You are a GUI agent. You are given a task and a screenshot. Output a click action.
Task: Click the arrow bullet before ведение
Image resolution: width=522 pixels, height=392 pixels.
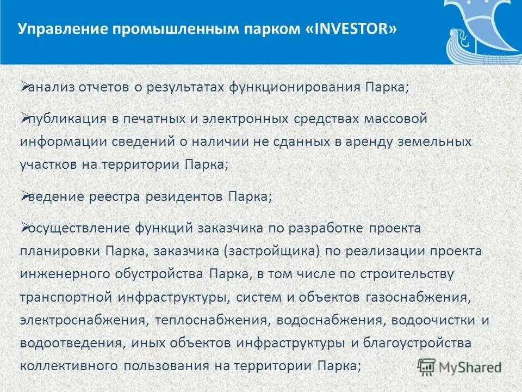pyautogui.click(x=24, y=194)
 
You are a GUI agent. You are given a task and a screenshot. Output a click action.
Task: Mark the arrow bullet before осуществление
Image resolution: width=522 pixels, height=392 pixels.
pyautogui.click(x=24, y=225)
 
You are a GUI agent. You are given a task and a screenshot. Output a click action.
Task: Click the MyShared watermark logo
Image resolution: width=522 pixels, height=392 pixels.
pyautogui.click(x=459, y=366)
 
